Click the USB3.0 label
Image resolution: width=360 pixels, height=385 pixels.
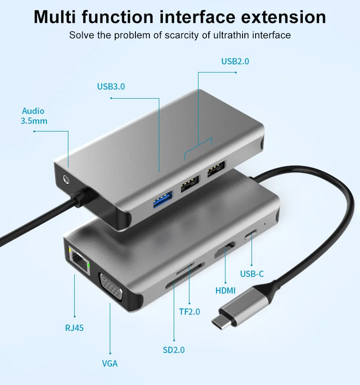click(x=111, y=86)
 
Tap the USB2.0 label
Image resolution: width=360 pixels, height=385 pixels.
click(x=235, y=61)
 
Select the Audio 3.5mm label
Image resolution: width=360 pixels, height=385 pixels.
click(x=34, y=116)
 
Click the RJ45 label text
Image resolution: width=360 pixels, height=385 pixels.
click(x=74, y=328)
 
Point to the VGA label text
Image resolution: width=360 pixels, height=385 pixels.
click(x=109, y=363)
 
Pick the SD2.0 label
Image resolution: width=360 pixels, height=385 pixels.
click(x=174, y=349)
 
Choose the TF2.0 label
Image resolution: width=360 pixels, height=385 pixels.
click(x=189, y=312)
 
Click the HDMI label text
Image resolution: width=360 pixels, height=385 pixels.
click(x=225, y=291)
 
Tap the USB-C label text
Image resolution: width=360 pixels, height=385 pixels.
click(x=252, y=274)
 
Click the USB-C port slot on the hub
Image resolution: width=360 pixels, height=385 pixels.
click(x=251, y=235)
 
